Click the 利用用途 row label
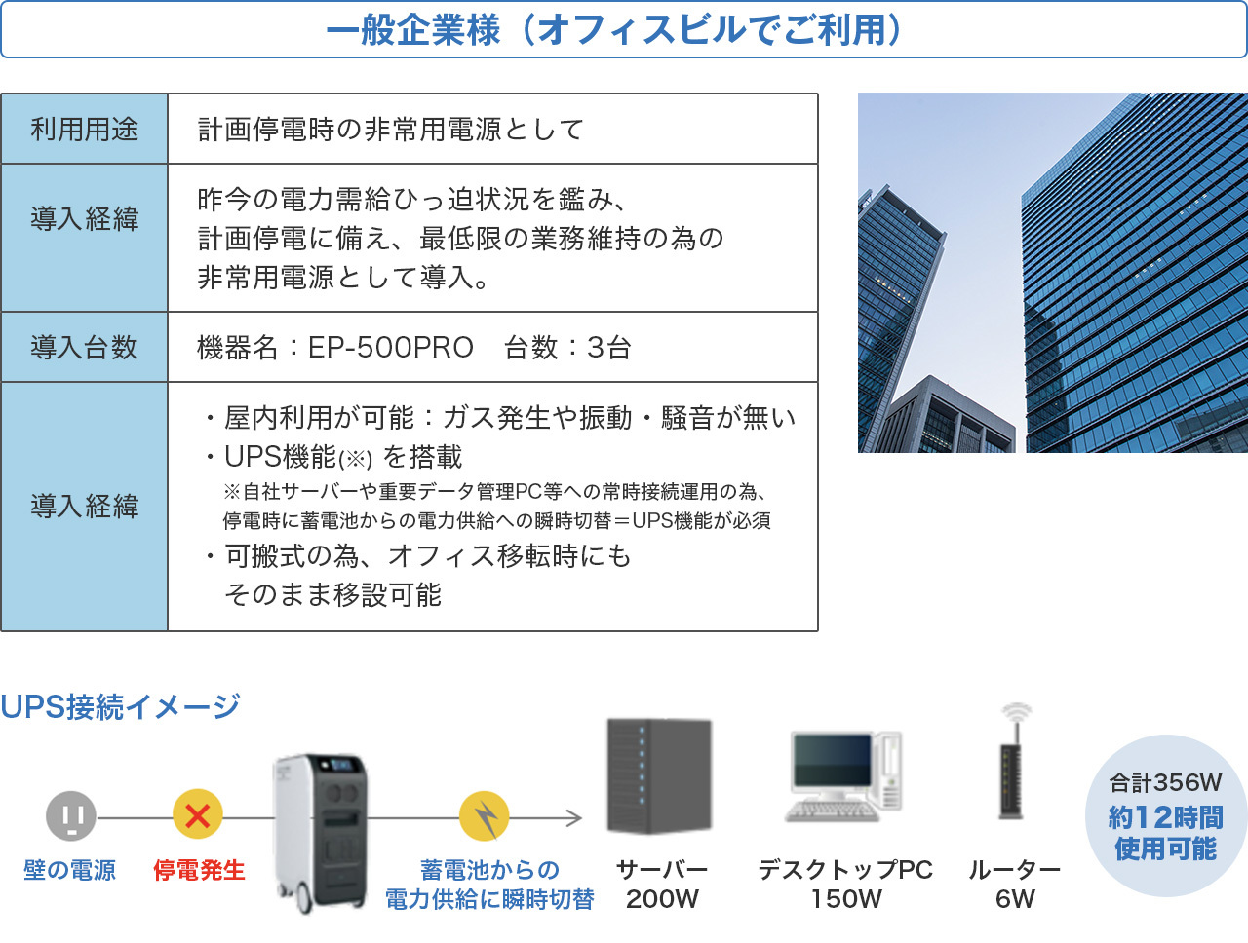click(x=84, y=129)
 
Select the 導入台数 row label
click(x=84, y=347)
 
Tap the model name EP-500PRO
click(x=391, y=347)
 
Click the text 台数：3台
click(x=567, y=347)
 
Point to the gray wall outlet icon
click(x=71, y=815)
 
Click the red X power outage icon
click(x=197, y=814)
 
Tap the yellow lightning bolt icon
click(x=484, y=816)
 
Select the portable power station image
click(x=320, y=833)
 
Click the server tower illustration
click(x=659, y=776)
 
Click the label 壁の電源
click(x=70, y=870)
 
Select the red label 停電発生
click(x=199, y=870)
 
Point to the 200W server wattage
click(x=662, y=899)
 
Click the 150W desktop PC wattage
click(x=845, y=899)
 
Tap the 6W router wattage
click(x=1015, y=899)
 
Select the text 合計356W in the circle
click(x=1165, y=783)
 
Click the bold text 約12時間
click(x=1165, y=818)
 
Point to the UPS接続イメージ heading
click(x=120, y=707)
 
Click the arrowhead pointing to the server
click(x=575, y=818)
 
